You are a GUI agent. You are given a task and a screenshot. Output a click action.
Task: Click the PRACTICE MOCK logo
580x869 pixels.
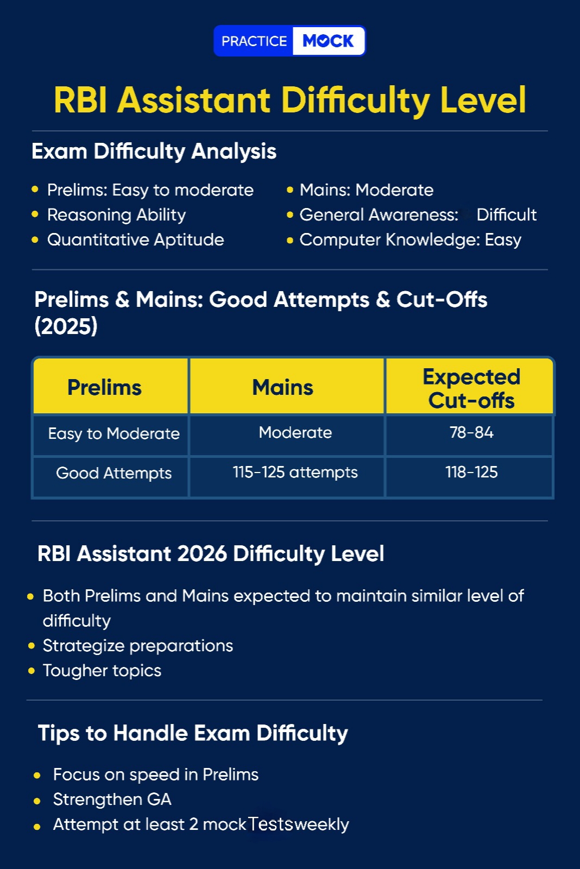point(289,41)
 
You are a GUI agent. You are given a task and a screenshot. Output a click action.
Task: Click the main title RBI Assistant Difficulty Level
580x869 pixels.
point(289,100)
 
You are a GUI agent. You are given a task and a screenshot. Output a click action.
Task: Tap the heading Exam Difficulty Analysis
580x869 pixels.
point(154,152)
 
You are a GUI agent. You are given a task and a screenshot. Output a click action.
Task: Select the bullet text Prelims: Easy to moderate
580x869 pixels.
point(150,190)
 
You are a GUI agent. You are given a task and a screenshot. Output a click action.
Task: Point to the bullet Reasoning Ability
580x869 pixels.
point(116,215)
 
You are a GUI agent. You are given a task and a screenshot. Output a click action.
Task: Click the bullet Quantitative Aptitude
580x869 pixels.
point(135,240)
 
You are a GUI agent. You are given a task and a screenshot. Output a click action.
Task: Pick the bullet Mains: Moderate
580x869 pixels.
point(366,190)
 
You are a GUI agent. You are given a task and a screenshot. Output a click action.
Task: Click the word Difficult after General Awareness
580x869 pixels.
point(506,215)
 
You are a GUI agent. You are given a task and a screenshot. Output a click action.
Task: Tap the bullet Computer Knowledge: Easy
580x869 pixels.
point(410,240)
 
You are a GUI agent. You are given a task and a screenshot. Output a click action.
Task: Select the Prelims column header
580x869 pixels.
point(104,388)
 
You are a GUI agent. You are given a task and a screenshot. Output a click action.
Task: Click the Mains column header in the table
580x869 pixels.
point(283,388)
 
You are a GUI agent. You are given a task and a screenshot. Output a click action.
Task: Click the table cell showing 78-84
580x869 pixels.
point(471,433)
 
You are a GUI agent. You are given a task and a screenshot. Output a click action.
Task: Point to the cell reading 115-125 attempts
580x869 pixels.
point(295,473)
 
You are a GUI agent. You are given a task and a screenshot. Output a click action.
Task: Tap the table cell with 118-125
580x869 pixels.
point(471,473)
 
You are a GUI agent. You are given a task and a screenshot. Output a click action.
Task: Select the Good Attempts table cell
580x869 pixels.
point(114,474)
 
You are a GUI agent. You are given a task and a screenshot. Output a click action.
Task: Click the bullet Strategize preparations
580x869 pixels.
point(137,646)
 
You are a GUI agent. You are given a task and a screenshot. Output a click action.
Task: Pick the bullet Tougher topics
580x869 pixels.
point(102,671)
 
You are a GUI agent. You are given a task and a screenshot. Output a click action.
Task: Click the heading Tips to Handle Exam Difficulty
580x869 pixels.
point(193,733)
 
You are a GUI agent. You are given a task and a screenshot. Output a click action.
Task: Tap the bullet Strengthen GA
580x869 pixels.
point(112,799)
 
